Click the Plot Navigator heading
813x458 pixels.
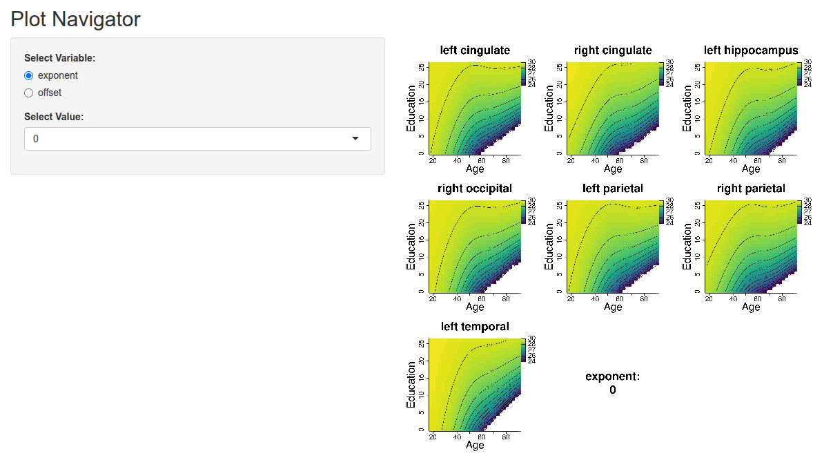click(x=75, y=19)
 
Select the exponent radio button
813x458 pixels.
click(x=28, y=75)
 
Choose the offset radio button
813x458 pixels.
click(x=28, y=93)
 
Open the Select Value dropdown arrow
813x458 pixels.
click(x=355, y=139)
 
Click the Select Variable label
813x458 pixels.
click(x=59, y=58)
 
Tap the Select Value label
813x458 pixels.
click(x=54, y=117)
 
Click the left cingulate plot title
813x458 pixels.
click(x=475, y=50)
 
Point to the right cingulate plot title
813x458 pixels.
click(x=613, y=50)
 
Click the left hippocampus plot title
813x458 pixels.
click(x=751, y=50)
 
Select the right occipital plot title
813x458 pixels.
click(x=475, y=189)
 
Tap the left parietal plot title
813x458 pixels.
click(x=613, y=189)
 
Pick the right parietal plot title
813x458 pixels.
click(x=751, y=189)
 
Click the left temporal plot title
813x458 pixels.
click(x=475, y=327)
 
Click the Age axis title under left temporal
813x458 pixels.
click(x=475, y=446)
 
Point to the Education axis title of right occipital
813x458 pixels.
click(x=412, y=246)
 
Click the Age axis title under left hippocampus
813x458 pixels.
click(x=751, y=169)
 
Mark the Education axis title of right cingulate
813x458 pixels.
click(x=550, y=108)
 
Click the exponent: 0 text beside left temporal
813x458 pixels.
click(x=613, y=383)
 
